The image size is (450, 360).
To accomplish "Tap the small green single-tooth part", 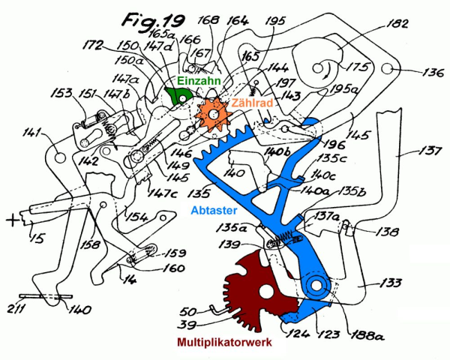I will coord(177,94).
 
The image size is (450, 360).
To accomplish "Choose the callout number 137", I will coord(430,151).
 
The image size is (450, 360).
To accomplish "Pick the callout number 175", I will coord(360,67).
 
